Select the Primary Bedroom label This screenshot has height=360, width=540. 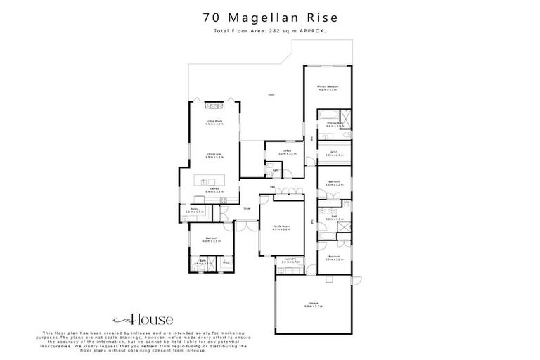[328, 87]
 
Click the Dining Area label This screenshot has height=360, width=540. [214, 156]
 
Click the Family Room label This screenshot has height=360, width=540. [281, 226]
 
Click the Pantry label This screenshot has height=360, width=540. [194, 210]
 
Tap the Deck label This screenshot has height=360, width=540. [270, 95]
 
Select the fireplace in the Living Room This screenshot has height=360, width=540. [214, 105]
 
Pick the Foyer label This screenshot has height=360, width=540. [247, 209]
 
